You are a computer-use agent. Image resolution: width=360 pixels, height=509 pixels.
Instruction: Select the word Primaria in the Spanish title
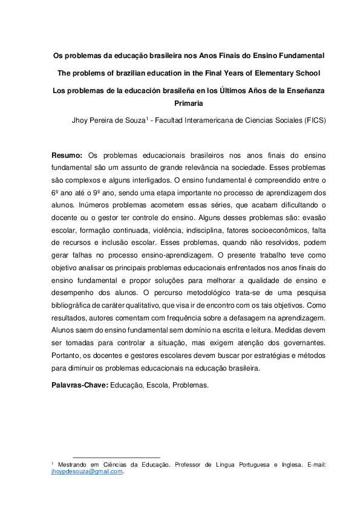[x=189, y=103]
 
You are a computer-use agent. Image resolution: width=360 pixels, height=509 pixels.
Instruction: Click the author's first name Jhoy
[x=81, y=120]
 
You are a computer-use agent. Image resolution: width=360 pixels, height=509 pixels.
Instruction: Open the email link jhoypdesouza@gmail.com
[x=87, y=472]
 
